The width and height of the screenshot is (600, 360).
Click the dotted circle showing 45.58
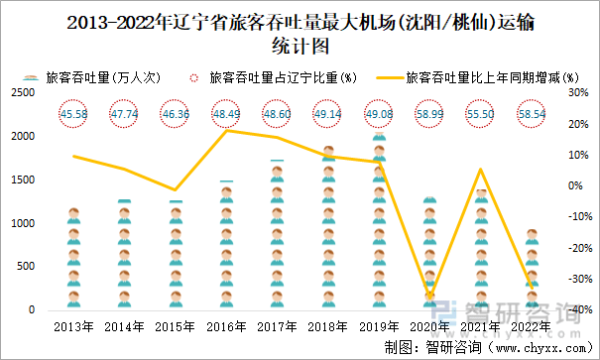[72, 115]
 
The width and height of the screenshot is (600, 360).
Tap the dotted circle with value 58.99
[429, 115]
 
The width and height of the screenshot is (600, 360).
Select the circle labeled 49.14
[327, 115]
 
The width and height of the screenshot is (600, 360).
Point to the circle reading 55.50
[481, 115]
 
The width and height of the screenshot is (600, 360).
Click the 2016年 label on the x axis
[226, 325]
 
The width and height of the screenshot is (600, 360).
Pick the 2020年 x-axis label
[429, 325]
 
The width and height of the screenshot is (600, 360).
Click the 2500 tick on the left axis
[24, 92]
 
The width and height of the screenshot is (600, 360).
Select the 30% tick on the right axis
[577, 92]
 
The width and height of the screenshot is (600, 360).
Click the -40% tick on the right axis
[575, 310]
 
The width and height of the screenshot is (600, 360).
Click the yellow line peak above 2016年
[226, 130]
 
